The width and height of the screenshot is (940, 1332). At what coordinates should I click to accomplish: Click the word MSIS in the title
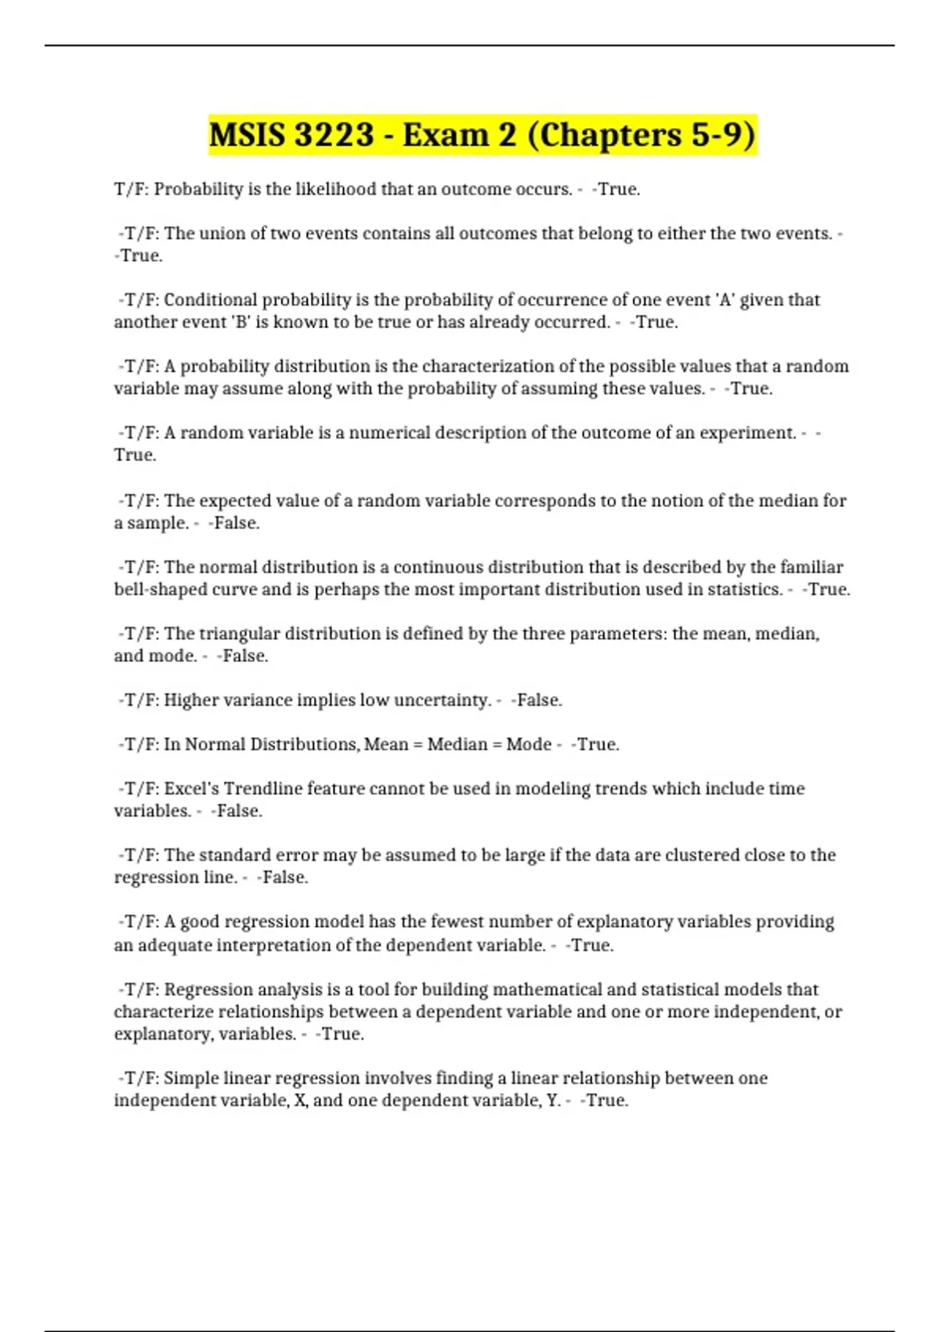pos(247,135)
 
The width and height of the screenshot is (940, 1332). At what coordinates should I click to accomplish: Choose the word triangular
pos(239,633)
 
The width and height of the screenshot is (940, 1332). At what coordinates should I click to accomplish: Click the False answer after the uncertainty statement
pos(537,700)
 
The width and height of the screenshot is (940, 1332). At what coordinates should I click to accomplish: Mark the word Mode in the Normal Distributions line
pos(529,744)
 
